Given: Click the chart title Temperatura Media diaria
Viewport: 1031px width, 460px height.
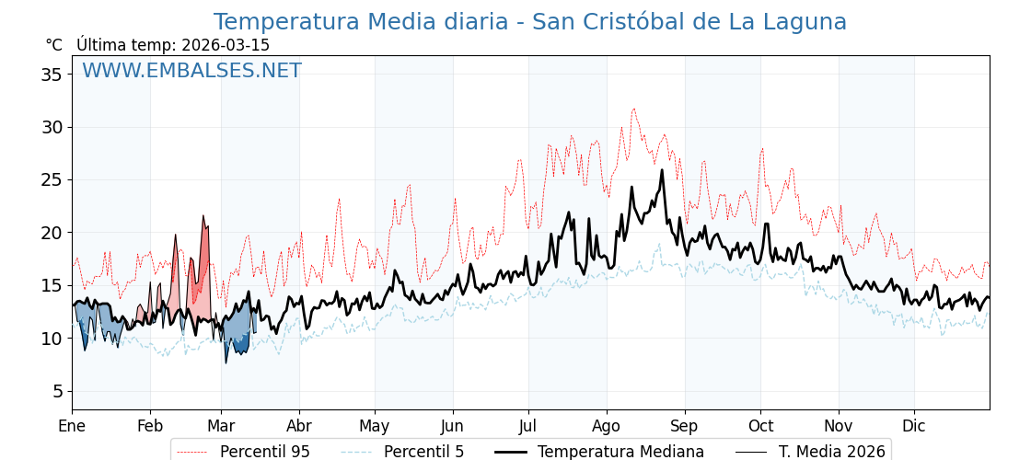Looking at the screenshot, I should (529, 22).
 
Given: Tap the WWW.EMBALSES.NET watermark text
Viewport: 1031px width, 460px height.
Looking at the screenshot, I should (191, 71).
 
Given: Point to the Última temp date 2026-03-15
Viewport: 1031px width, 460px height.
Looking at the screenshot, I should (226, 45).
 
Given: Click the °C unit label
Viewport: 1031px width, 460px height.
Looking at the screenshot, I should (54, 45).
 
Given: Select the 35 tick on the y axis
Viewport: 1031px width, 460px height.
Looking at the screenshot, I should (52, 75).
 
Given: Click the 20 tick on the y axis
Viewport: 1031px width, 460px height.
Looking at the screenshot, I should (52, 233).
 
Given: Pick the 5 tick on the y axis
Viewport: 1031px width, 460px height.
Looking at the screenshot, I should (57, 392).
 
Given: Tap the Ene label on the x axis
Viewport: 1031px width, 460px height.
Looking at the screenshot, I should (72, 426).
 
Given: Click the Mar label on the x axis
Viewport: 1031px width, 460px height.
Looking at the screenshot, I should (221, 426).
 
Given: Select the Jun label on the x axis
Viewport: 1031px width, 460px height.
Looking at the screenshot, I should (452, 426).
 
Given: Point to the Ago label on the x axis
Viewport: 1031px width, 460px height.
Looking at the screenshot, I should (606, 426).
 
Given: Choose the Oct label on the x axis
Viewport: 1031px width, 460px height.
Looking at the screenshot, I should (760, 426).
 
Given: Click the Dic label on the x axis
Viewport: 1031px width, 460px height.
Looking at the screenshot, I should (914, 426).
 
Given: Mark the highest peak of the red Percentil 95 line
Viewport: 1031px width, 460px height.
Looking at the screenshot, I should (633, 109).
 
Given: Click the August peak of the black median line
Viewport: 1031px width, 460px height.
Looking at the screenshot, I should (662, 170).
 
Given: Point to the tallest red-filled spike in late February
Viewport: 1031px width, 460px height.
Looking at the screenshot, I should (203, 217).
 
